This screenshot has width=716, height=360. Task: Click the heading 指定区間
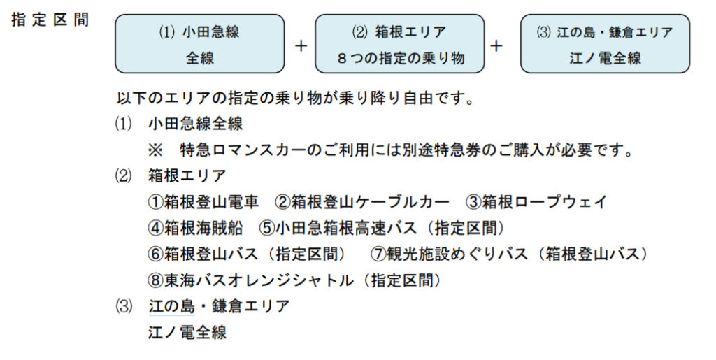50,20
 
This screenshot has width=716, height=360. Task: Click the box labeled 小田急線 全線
200,44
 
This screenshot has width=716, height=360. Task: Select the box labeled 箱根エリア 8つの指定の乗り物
399,44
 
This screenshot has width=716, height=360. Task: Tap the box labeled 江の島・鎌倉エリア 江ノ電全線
605,44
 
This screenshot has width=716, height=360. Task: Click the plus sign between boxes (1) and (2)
301,45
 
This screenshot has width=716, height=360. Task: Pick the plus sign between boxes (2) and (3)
496,45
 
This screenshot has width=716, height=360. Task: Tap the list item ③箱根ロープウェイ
536,202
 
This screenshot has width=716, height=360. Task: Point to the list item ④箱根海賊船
195,228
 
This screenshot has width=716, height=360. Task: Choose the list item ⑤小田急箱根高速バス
382,228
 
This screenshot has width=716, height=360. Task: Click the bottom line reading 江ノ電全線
187,332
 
